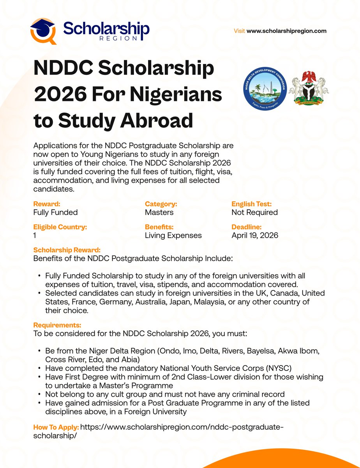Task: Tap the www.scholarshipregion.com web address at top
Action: pos(286,31)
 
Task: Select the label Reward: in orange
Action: pos(47,204)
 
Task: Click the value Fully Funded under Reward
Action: pos(55,213)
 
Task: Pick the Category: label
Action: pos(161,204)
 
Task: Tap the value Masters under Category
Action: pos(159,213)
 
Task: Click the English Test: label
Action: pos(251,204)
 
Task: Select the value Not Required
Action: pos(254,213)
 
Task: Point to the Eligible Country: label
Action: pos(60,227)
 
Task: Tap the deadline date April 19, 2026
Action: pos(255,235)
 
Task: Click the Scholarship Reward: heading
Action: pos(67,250)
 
